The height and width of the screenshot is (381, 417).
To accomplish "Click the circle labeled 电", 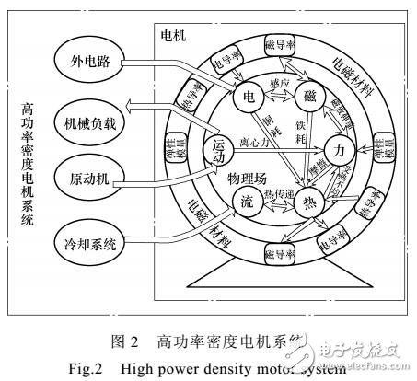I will (x=247, y=97).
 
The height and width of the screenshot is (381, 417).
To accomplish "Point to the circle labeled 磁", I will (x=309, y=97).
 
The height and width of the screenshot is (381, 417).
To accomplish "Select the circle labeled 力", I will (x=339, y=147).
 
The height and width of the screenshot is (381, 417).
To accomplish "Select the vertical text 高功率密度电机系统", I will (x=28, y=166).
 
